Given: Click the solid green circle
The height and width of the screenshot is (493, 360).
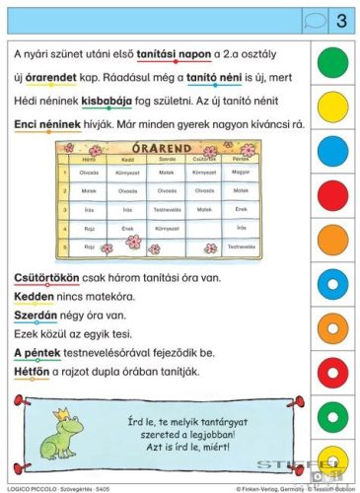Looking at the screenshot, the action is [x=334, y=62].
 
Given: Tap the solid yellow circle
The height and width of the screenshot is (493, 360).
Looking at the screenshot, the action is [x=334, y=106].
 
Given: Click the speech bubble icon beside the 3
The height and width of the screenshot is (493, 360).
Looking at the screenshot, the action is [x=312, y=20].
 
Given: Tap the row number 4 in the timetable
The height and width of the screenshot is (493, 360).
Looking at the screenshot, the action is [x=63, y=228].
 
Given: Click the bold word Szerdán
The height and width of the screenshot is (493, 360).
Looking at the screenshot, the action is [x=36, y=317].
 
